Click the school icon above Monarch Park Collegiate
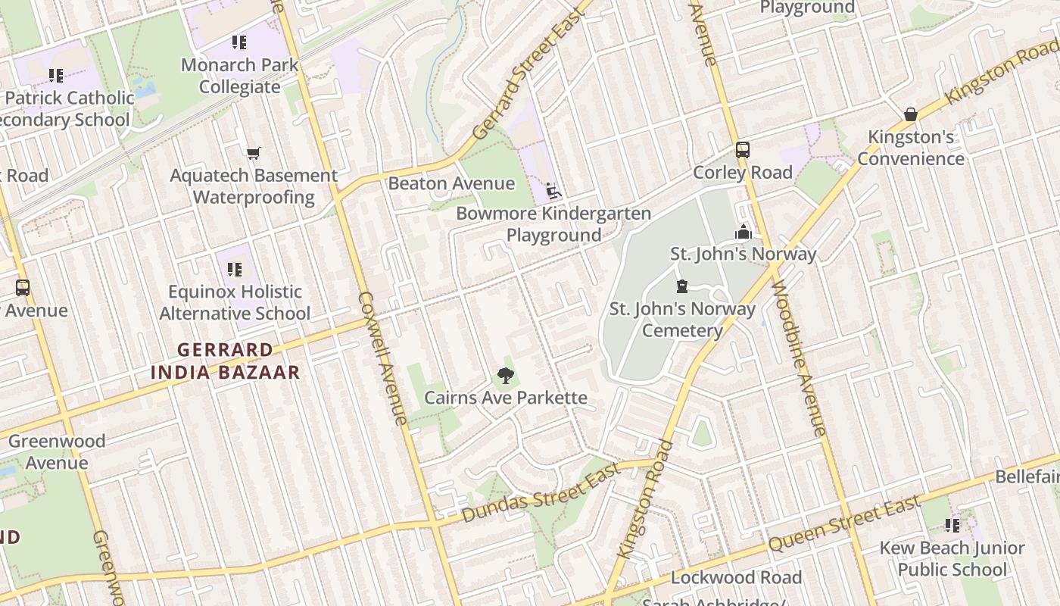point(239,42)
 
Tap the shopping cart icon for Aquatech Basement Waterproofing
point(254,154)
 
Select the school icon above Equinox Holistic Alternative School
point(235,270)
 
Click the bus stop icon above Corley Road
point(742,150)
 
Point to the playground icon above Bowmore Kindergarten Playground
point(553,191)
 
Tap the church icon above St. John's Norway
point(744,232)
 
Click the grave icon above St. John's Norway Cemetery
point(682,286)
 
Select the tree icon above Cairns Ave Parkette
point(505,376)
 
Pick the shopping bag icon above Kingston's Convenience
point(911,114)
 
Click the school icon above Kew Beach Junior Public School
point(952,526)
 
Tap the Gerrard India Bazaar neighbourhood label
point(225,361)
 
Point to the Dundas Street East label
point(541,492)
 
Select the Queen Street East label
point(845,523)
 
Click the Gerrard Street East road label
point(529,73)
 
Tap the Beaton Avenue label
point(451,183)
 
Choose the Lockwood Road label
point(736,578)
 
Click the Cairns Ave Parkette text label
point(506,398)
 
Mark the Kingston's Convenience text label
point(911,148)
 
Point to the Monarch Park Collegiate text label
point(240,76)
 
